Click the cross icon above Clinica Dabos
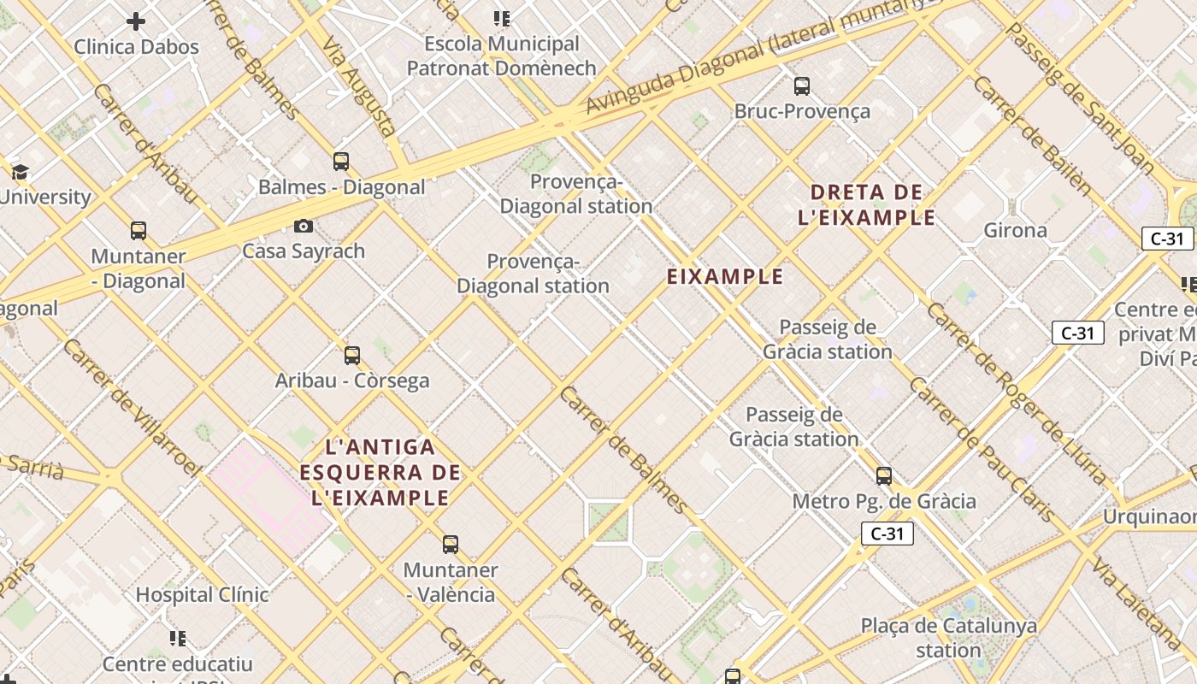tap(136, 21)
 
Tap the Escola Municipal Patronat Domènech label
tap(501, 56)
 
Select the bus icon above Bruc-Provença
tap(801, 85)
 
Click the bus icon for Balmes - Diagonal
tap(340, 161)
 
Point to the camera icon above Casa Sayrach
tap(303, 227)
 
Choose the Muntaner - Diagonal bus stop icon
tap(138, 230)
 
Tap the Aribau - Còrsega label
tap(352, 380)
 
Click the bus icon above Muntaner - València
tap(450, 544)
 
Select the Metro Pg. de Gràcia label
tap(884, 501)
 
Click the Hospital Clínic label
tap(202, 594)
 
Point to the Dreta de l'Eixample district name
tap(866, 204)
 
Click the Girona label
tap(1015, 230)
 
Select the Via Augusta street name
tap(359, 86)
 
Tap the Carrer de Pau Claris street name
tap(981, 450)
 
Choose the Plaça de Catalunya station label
tap(948, 638)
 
